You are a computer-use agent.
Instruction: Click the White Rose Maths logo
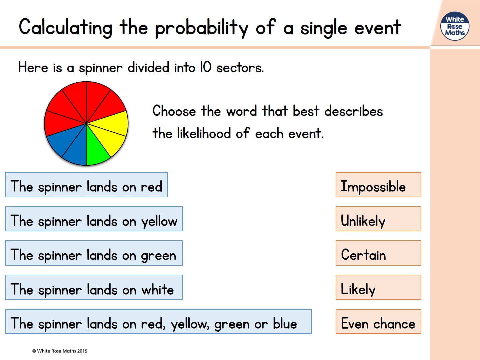click(455, 26)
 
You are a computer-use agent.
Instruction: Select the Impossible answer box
click(378, 185)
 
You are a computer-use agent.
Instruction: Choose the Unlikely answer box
click(378, 219)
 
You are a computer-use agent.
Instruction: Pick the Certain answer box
click(378, 253)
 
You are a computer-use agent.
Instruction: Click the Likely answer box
click(378, 287)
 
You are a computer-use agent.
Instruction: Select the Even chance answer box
click(378, 322)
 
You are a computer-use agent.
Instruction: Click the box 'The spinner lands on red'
click(86, 185)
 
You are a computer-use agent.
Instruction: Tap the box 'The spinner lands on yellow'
click(94, 219)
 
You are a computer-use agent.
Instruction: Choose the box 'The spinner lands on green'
click(94, 253)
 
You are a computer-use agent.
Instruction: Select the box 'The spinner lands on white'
click(94, 287)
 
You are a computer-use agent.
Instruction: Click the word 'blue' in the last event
click(285, 323)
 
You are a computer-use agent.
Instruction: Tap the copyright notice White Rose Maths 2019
click(60, 351)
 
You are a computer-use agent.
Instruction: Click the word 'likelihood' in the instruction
click(204, 133)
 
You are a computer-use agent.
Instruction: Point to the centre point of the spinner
click(86, 123)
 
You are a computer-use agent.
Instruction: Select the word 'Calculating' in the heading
click(66, 27)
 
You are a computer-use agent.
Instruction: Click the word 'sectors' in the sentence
click(240, 68)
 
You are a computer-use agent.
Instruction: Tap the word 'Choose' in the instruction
click(174, 111)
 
